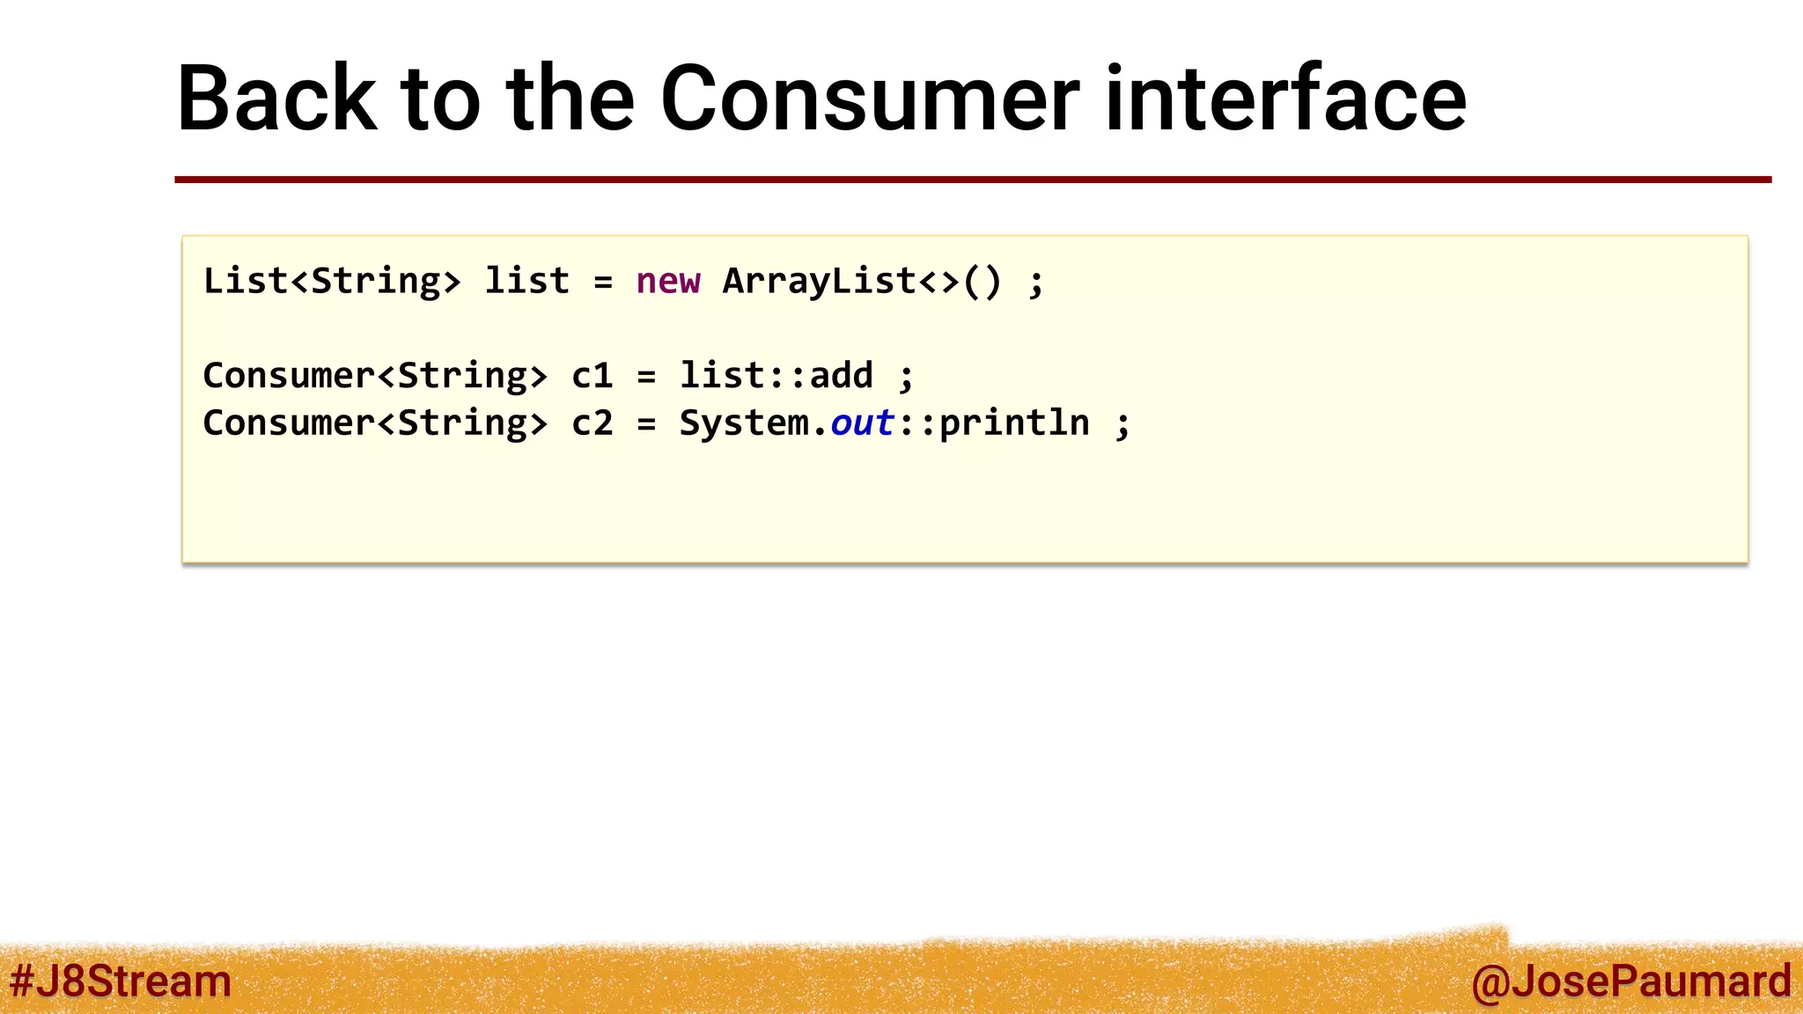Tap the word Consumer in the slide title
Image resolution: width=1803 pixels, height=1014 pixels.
click(x=869, y=99)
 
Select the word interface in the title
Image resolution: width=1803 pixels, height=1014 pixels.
click(x=1285, y=99)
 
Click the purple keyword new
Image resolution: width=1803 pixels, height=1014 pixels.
click(x=668, y=282)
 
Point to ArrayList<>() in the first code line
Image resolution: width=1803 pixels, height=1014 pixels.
click(x=862, y=282)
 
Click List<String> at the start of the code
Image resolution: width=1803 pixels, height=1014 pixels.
click(x=332, y=282)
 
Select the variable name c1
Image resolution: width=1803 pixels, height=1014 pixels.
click(x=592, y=376)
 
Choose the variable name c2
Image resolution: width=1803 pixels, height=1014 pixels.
click(x=592, y=423)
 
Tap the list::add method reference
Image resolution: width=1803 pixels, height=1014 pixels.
click(x=776, y=376)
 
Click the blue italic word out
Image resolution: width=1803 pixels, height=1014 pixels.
click(x=862, y=423)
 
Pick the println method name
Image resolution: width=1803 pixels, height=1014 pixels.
click(x=1014, y=423)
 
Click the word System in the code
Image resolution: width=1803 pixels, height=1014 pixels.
click(x=744, y=423)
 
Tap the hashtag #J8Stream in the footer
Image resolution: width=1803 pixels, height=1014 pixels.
click(x=121, y=981)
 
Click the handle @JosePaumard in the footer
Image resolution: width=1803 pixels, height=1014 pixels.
click(x=1630, y=981)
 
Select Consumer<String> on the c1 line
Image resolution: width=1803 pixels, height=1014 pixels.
click(x=375, y=376)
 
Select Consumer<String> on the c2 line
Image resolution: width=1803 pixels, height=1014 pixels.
click(x=375, y=423)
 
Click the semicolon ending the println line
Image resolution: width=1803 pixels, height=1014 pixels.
click(x=1122, y=425)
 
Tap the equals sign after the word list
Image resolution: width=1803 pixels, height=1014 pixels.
click(x=603, y=283)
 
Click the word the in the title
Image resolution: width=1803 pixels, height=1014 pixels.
click(x=570, y=99)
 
